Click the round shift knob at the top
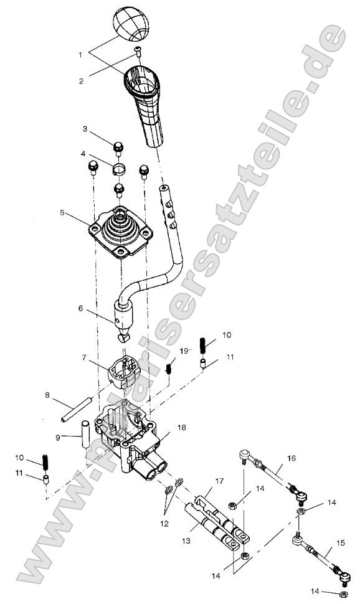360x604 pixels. coord(131,24)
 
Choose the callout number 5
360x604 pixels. coord(63,212)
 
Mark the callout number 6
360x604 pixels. coord(81,307)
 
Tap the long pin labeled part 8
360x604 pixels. coord(74,409)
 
